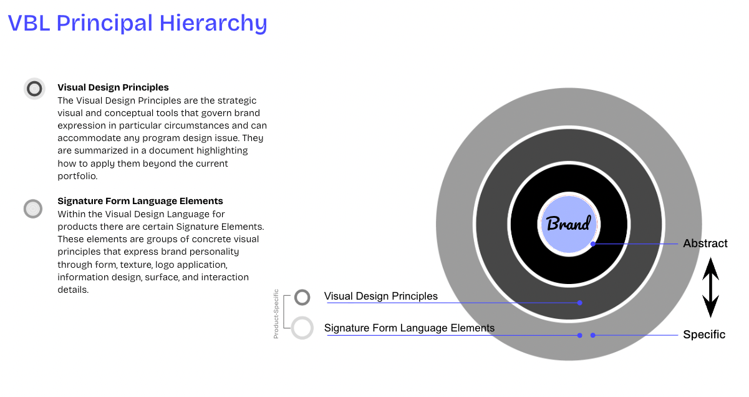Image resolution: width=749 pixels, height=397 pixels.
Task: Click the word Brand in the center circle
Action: coord(568,224)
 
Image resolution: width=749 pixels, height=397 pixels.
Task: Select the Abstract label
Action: coord(705,243)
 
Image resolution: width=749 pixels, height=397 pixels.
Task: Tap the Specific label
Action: coord(704,335)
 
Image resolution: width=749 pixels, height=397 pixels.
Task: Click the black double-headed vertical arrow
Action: coord(710,288)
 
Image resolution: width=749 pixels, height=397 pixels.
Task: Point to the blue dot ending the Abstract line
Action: coord(593,243)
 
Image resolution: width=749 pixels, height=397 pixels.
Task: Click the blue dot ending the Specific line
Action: coord(593,335)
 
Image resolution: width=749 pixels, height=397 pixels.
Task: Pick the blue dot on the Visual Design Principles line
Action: coord(579,303)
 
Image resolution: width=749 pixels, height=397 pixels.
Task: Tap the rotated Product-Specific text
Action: coord(276,313)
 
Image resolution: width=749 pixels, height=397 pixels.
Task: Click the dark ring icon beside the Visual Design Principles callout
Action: coord(302,297)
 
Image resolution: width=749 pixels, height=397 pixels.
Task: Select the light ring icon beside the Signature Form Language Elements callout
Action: coord(302,328)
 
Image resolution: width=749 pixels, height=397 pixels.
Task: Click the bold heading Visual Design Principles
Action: coord(113,87)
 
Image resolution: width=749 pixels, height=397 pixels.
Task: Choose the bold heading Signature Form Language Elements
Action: coord(140,201)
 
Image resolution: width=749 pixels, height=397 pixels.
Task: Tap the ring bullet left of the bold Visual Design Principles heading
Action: coord(34,89)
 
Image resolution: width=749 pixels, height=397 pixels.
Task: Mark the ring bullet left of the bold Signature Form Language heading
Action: coord(32,208)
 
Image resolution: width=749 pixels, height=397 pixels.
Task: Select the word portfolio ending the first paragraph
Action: coord(78,176)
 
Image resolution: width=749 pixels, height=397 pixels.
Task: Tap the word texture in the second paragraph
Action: coord(135,265)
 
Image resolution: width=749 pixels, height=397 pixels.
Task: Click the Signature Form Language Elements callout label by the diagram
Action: coord(409,328)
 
